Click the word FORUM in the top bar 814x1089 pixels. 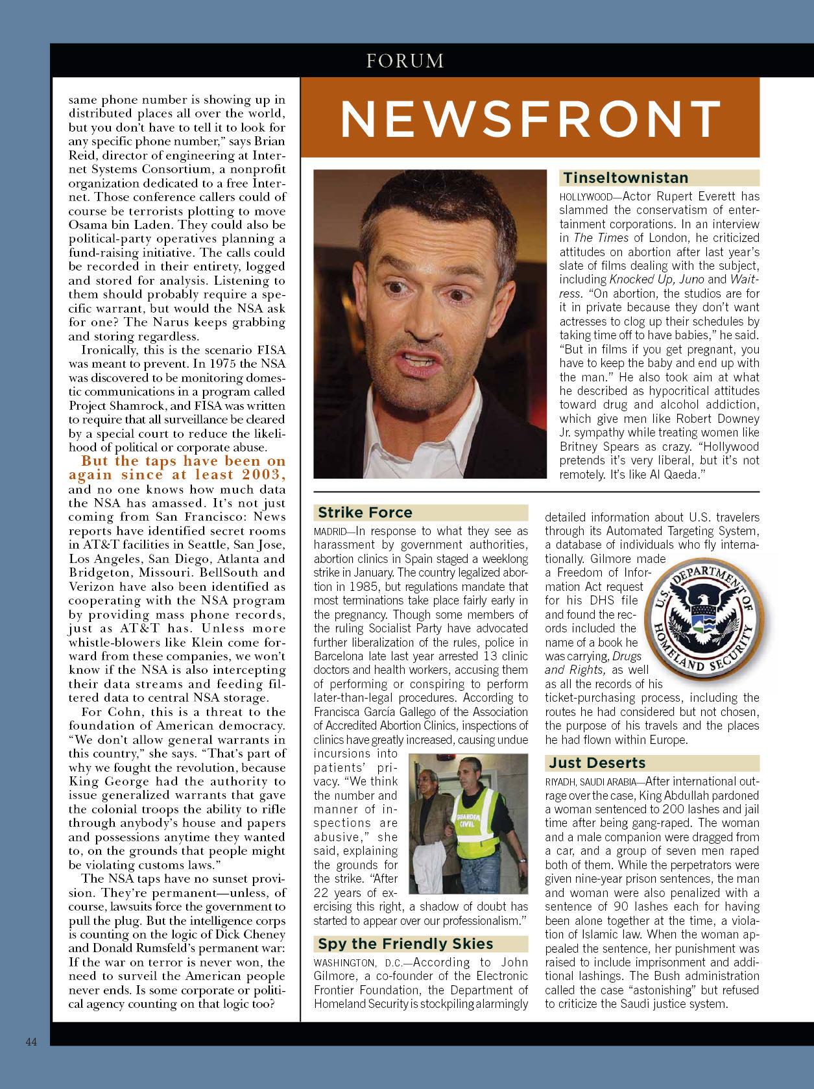coord(405,62)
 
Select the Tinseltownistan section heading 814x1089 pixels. coord(625,178)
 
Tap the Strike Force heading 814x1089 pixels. coord(365,512)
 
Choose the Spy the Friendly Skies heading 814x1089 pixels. coord(405,944)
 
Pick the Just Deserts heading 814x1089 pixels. coord(597,763)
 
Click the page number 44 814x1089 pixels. coord(32,1042)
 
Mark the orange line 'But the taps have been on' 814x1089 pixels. coord(183,461)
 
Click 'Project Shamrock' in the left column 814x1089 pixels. coord(110,405)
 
